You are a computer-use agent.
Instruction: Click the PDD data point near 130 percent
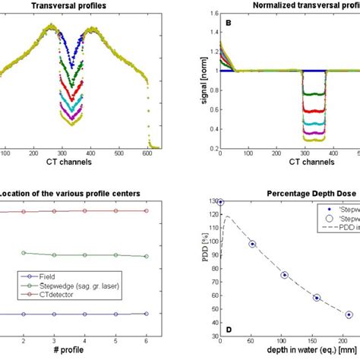pyautogui.click(x=220, y=202)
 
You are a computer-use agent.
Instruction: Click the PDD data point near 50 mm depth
pyautogui.click(x=252, y=244)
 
